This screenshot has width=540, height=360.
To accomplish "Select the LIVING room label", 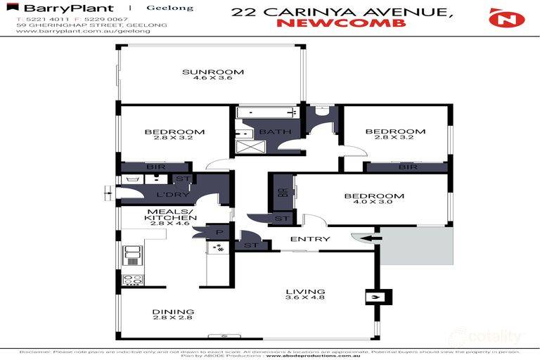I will pyautogui.click(x=305, y=291).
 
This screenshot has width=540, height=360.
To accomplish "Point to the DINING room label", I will pyautogui.click(x=173, y=311).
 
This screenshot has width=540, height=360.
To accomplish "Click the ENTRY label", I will pyautogui.click(x=310, y=239).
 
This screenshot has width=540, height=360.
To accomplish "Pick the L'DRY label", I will pyautogui.click(x=169, y=194).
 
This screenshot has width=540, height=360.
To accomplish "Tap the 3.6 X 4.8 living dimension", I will pyautogui.click(x=305, y=299).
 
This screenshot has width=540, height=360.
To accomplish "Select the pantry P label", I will pyautogui.click(x=219, y=233).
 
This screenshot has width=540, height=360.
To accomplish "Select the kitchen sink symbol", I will pyautogui.click(x=133, y=255).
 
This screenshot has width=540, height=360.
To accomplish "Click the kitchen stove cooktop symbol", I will pyautogui.click(x=133, y=279).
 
